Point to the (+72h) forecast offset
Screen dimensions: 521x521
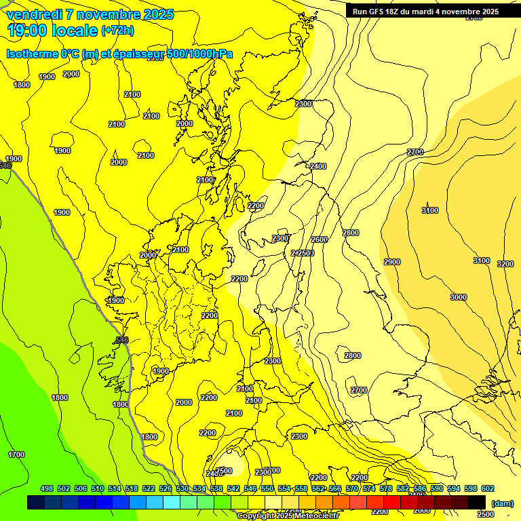pyautogui.click(x=117, y=31)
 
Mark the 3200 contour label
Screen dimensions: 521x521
pyautogui.click(x=505, y=264)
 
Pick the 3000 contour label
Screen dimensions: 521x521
pyautogui.click(x=459, y=297)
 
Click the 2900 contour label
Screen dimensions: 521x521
pyautogui.click(x=392, y=262)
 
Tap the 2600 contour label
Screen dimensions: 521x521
pyautogui.click(x=320, y=239)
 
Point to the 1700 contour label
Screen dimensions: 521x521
pyautogui.click(x=16, y=455)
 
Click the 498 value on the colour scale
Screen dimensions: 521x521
pyautogui.click(x=47, y=488)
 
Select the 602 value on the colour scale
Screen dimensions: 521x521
pyautogui.click(x=488, y=488)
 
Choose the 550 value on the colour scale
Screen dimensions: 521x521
pyautogui.click(x=267, y=488)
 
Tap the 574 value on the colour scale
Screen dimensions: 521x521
pyautogui.click(x=369, y=488)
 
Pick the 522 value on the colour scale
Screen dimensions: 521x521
pyautogui.click(x=149, y=488)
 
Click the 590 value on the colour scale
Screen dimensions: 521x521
pyautogui.click(x=437, y=488)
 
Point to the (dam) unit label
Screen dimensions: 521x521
pyautogui.click(x=503, y=503)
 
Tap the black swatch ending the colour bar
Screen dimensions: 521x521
pyautogui.click(x=477, y=502)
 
